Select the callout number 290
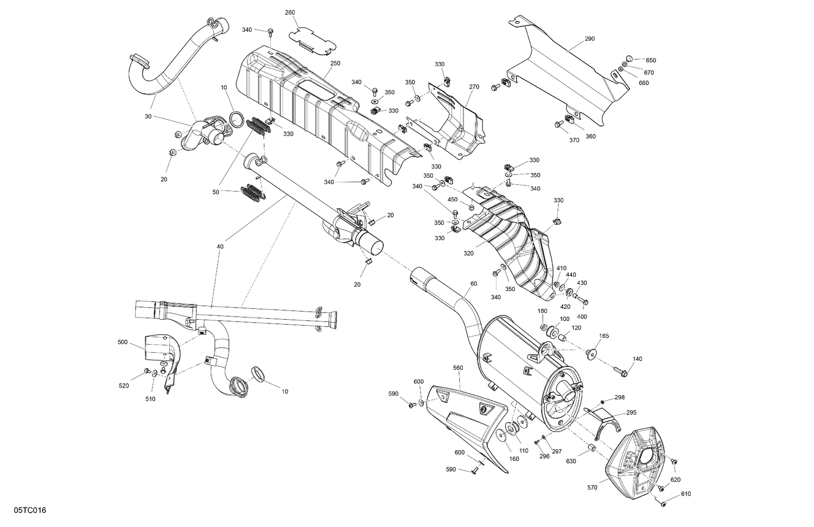pos(590,39)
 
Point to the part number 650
pos(651,60)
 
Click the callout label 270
pos(474,87)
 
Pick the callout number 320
pos(468,253)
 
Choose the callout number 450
pos(452,199)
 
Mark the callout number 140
pos(637,359)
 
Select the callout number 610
pos(686,494)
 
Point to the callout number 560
pos(458,367)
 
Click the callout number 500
pos(122,342)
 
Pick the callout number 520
pos(124,386)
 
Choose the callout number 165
pos(603,336)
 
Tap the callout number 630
pos(571,462)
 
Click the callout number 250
pos(335,64)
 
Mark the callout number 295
pos(631,412)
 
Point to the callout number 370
pos(574,141)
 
